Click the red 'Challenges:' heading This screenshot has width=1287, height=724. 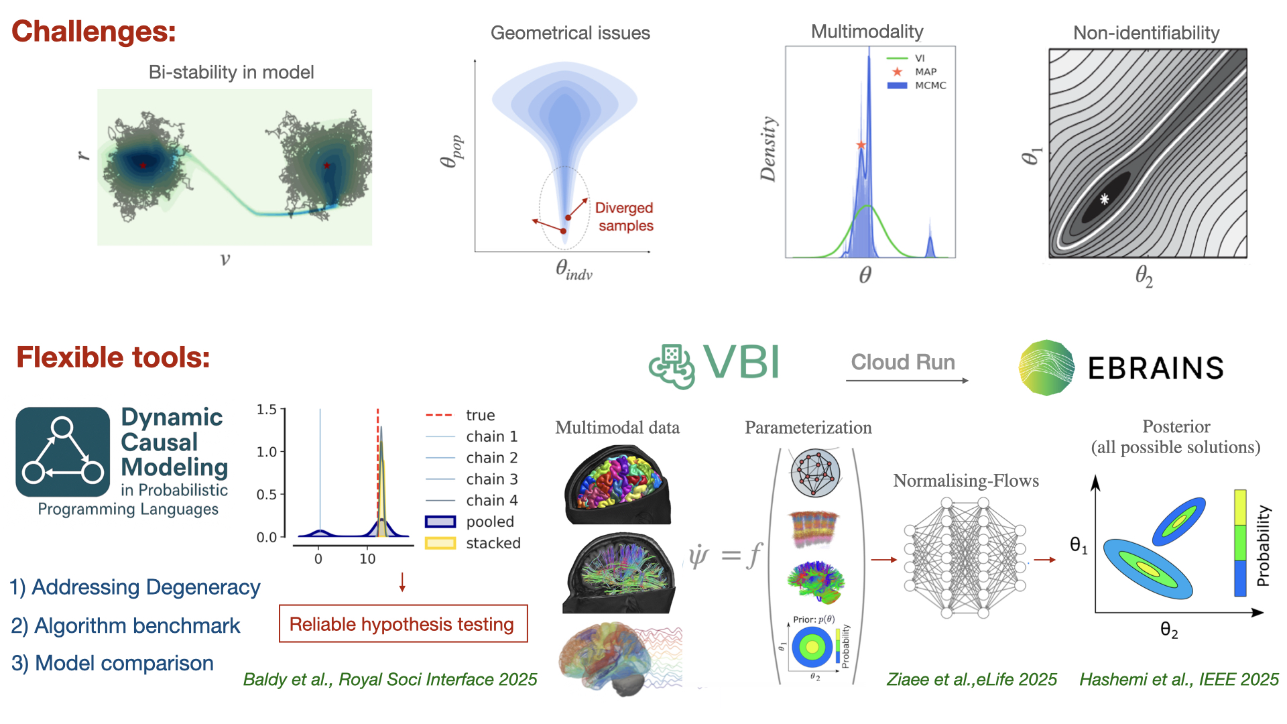tap(94, 32)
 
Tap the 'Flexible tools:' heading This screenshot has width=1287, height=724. tap(113, 357)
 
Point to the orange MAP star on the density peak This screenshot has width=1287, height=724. tap(861, 145)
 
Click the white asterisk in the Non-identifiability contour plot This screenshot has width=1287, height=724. tap(1104, 198)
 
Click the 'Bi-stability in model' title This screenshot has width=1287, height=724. tap(231, 72)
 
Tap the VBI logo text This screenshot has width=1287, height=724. tap(741, 363)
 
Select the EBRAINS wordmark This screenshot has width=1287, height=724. tap(1156, 368)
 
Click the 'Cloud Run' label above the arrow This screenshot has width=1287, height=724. tap(903, 362)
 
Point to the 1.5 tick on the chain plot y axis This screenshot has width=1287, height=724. tap(267, 409)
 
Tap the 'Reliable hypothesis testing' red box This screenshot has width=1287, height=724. tap(403, 624)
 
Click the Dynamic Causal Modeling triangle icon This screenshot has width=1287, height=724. tap(63, 452)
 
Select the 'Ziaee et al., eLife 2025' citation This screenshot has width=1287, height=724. tap(971, 680)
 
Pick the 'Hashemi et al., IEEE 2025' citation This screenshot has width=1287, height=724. tap(1178, 680)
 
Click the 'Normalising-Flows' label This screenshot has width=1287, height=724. tap(966, 481)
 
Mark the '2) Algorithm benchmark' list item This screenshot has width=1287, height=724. tap(125, 625)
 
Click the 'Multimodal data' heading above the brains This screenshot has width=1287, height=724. tap(617, 428)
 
